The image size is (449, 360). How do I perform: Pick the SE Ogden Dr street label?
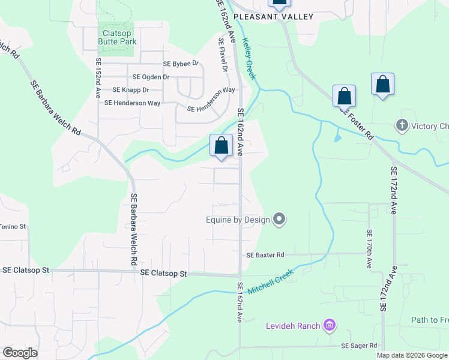[151, 77]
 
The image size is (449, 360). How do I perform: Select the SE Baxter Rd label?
[265, 255]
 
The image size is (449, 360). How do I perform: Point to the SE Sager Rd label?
[359, 346]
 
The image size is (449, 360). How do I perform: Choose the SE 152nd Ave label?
[97, 78]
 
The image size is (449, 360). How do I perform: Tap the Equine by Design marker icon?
[279, 220]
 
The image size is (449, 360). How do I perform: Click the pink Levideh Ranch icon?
[329, 326]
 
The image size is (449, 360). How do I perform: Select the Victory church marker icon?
[402, 126]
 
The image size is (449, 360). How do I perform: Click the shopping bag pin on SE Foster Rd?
[344, 96]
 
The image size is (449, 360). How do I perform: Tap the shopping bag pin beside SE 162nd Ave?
[221, 145]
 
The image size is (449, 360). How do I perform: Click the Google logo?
[20, 353]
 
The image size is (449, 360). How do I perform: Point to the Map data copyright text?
[412, 355]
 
